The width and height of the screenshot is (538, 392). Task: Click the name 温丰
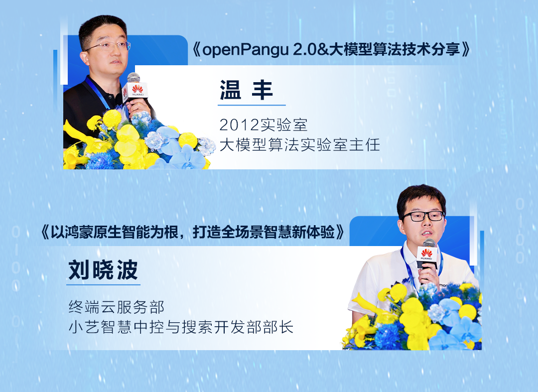click(x=246, y=90)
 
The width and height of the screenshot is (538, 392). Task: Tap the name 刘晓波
click(x=103, y=270)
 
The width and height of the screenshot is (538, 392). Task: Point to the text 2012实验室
click(x=263, y=125)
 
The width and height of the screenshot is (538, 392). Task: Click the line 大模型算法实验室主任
click(x=299, y=145)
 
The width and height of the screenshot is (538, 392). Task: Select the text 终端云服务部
click(x=116, y=307)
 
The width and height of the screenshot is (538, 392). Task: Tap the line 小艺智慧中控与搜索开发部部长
click(x=181, y=327)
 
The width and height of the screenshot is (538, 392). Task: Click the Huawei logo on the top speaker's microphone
click(x=137, y=90)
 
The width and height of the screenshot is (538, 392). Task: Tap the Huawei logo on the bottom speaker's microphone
click(x=426, y=255)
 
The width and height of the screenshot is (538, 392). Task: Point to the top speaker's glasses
click(x=109, y=46)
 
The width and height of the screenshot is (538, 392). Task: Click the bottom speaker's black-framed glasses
click(x=423, y=216)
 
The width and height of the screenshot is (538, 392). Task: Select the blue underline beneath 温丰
click(x=252, y=105)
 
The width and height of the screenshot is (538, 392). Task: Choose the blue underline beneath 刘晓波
click(x=103, y=284)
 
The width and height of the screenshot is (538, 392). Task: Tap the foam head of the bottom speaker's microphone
click(x=428, y=243)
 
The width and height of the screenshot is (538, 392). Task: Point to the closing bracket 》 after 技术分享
click(x=466, y=50)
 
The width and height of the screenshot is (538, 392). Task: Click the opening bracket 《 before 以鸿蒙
click(x=45, y=232)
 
